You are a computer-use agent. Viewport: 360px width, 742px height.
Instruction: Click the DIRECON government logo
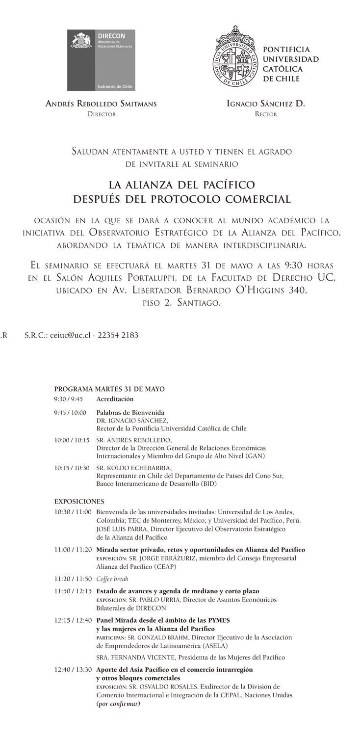click(x=101, y=60)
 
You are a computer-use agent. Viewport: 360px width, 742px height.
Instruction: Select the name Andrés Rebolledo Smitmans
click(x=101, y=104)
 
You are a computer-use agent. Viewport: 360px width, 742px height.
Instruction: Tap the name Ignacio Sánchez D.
click(x=266, y=104)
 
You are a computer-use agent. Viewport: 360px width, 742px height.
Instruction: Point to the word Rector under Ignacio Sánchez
click(x=266, y=114)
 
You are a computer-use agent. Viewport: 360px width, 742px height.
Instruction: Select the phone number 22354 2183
click(x=118, y=335)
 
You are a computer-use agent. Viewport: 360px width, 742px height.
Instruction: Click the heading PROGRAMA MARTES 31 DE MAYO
click(x=109, y=389)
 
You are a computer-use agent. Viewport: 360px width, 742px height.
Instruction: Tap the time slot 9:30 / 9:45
click(x=68, y=399)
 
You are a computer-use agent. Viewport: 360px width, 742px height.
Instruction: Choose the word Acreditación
click(x=115, y=399)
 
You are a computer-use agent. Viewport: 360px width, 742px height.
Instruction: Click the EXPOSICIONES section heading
click(x=79, y=502)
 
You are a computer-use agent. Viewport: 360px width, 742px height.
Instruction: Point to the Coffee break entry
click(x=112, y=579)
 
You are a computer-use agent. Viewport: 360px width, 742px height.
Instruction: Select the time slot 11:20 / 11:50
click(x=73, y=579)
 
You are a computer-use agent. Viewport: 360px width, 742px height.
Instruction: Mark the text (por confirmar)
click(x=118, y=703)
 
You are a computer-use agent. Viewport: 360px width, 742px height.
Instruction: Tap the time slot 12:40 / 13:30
click(x=73, y=669)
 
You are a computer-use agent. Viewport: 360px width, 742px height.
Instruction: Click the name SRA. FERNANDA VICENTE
click(x=136, y=657)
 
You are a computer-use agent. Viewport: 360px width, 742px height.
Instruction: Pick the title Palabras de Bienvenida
click(x=130, y=413)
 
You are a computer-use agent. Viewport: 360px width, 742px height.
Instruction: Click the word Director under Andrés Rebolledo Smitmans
click(x=101, y=114)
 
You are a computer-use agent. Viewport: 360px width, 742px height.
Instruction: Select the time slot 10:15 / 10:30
click(x=72, y=468)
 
